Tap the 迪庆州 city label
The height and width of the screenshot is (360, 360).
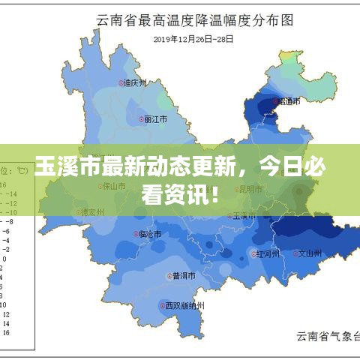(x=136, y=83)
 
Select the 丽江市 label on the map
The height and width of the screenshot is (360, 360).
(x=155, y=119)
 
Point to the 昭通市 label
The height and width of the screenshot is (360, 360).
(x=289, y=101)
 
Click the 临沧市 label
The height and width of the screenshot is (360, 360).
(x=151, y=235)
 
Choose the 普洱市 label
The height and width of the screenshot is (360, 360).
(x=184, y=275)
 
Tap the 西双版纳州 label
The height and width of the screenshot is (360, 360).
(x=184, y=305)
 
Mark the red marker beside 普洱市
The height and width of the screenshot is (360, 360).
(x=169, y=275)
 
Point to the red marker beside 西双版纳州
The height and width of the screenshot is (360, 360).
(x=162, y=305)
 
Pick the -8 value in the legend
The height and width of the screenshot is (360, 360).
(x=9, y=222)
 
